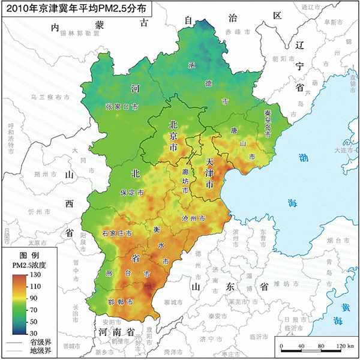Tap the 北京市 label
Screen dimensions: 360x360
[x=173, y=135]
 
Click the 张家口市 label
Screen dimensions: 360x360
[x=122, y=106]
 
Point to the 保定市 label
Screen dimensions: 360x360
[x=131, y=194]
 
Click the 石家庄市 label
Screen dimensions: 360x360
[x=116, y=233]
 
